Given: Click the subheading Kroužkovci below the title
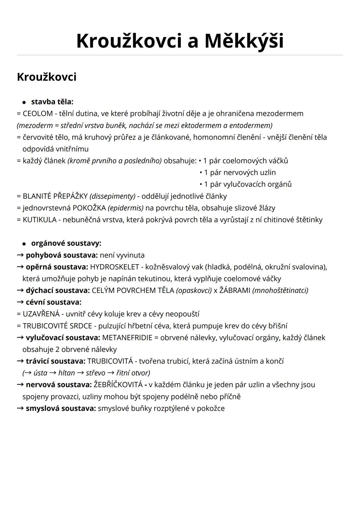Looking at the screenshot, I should coord(47,77).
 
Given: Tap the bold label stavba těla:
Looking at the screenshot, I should coord(52,102).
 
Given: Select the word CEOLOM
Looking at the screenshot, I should coord(38,114).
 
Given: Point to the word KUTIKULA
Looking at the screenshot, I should coord(40,220).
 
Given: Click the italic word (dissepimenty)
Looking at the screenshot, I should coord(112,196).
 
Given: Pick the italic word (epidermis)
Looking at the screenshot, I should coord(126,208).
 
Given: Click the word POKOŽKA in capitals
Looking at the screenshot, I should coord(89,208).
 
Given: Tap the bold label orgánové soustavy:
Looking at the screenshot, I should coord(66,243).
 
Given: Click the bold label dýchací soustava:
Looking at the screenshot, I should coord(58,291).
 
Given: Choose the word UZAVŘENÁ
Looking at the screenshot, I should coord(41,314).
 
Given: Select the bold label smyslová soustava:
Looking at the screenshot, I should coord(61,409).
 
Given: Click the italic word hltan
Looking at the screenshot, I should coord(66,373).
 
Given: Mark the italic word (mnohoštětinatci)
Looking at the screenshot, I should coord(280,291).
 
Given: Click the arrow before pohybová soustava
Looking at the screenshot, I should coord(20,256).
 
